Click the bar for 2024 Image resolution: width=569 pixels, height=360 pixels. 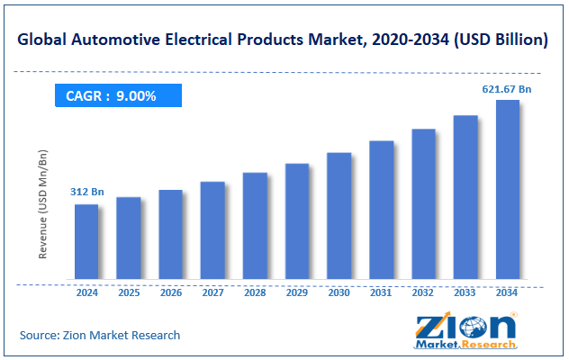(86, 241)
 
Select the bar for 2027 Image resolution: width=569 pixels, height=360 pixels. (212, 230)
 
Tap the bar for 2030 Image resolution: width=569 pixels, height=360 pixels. (339, 216)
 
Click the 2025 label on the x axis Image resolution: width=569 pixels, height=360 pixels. (129, 292)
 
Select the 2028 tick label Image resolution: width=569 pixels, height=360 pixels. (255, 292)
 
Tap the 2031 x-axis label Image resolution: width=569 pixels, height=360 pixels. (381, 292)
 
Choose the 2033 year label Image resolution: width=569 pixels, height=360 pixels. (465, 292)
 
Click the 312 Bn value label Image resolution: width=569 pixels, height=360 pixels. (86, 192)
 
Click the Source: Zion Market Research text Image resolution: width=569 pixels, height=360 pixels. (100, 335)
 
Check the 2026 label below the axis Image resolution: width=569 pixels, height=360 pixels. (171, 292)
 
